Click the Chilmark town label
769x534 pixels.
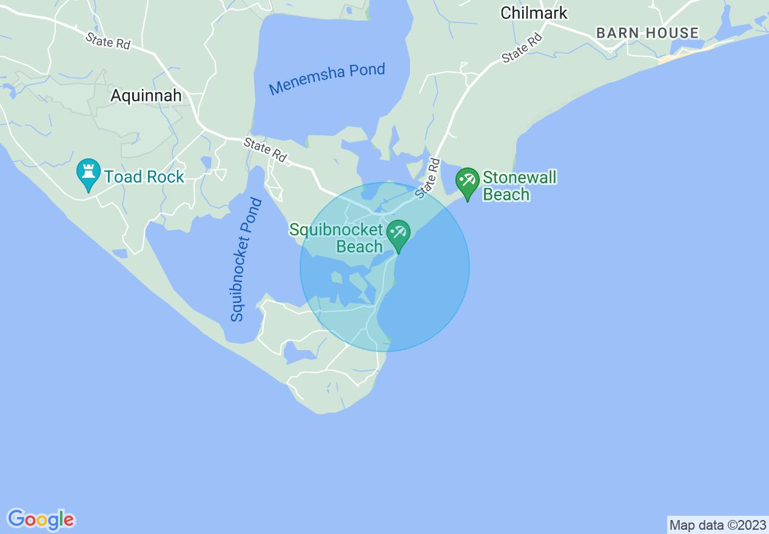534,13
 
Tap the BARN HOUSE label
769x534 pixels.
647,33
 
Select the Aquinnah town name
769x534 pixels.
146,95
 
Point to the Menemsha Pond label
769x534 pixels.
327,79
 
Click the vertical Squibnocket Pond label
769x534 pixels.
246,259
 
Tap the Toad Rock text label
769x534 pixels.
144,177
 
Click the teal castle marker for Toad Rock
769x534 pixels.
89,174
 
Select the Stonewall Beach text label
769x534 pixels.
519,186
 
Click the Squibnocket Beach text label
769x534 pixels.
337,238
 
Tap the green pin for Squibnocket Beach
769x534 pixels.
398,234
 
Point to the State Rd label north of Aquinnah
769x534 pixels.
107,41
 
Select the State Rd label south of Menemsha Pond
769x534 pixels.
265,150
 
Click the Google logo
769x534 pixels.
41,519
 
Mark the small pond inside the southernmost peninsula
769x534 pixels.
297,353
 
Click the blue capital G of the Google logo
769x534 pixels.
16,519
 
